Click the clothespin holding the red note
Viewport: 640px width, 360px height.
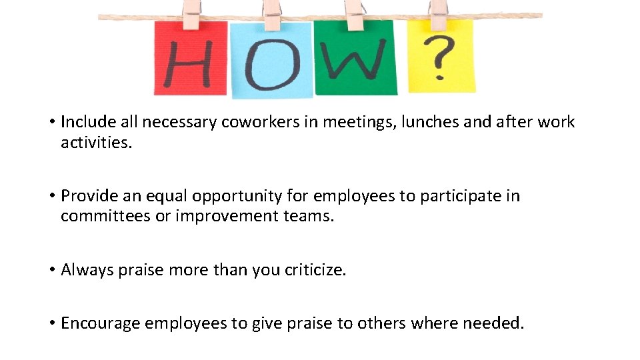click(x=191, y=13)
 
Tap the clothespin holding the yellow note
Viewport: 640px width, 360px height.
click(x=438, y=13)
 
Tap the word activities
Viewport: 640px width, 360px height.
click(x=97, y=143)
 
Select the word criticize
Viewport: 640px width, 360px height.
click(x=315, y=270)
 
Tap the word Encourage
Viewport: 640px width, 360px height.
click(x=100, y=324)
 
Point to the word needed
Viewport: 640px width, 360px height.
click(x=493, y=324)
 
